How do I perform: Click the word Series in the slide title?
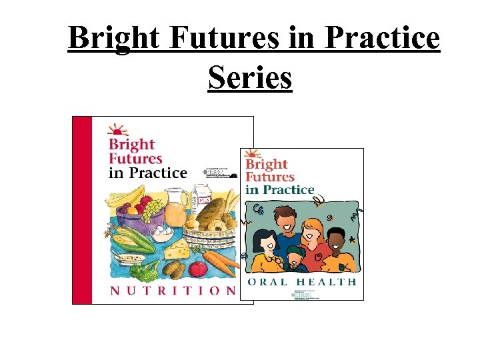(250, 77)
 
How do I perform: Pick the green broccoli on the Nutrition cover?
(144, 271)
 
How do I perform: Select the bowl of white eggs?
(163, 233)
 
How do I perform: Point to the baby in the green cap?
(293, 257)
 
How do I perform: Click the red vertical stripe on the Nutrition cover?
(81, 210)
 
